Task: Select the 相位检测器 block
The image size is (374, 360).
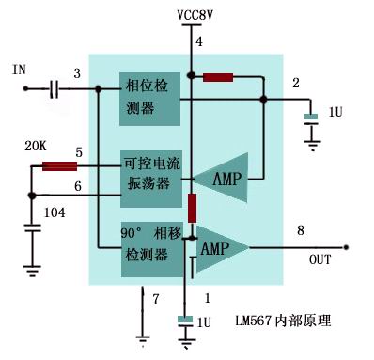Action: tap(148, 99)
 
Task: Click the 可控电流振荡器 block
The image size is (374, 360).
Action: tap(148, 174)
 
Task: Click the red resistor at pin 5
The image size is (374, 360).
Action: tap(59, 166)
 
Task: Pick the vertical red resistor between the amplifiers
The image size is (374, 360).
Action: tap(191, 208)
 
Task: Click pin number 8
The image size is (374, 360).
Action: tap(300, 230)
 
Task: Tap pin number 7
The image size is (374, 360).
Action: tap(157, 298)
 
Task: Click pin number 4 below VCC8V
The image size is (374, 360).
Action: tap(198, 42)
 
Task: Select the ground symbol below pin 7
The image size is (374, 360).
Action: tap(143, 336)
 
